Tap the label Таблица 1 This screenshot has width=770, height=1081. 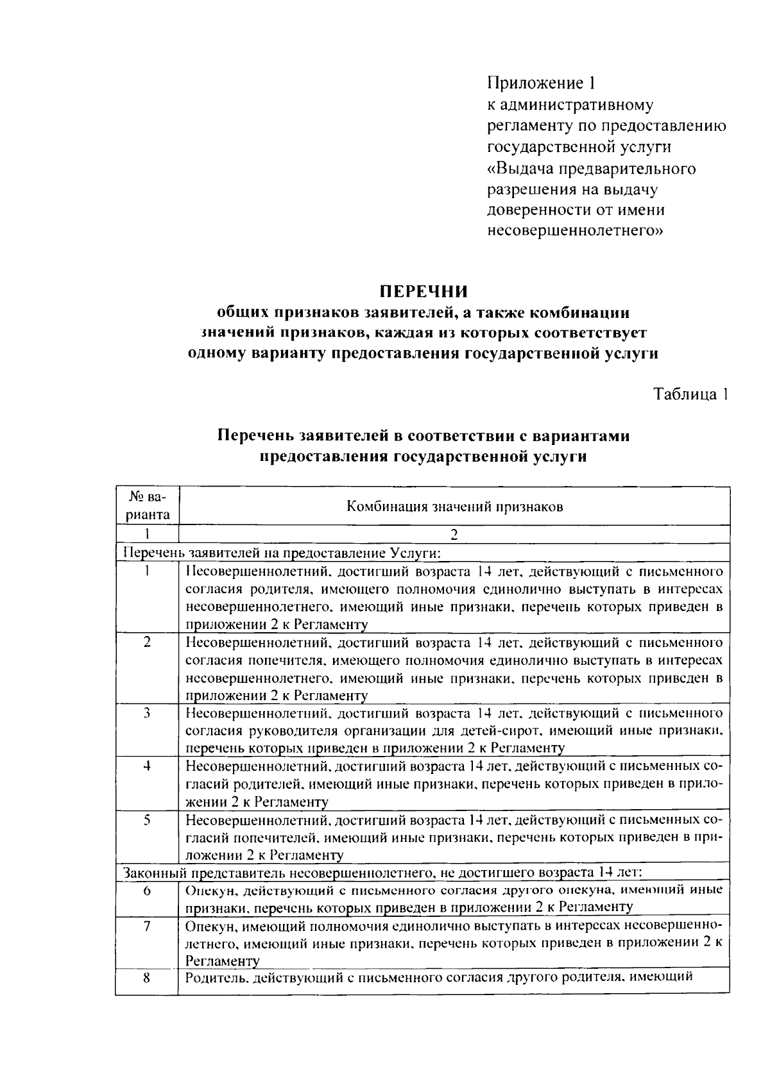(x=690, y=394)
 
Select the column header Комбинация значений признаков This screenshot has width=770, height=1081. (x=454, y=507)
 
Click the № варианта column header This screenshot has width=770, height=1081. (x=147, y=506)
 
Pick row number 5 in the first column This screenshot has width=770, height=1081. (x=147, y=819)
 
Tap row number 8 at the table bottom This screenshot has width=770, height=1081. (x=147, y=978)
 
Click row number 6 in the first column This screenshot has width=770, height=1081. (x=147, y=890)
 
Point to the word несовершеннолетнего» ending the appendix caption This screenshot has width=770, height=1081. (x=575, y=231)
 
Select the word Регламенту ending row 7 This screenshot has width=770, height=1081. (x=222, y=960)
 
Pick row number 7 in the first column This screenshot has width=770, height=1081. (x=147, y=926)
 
